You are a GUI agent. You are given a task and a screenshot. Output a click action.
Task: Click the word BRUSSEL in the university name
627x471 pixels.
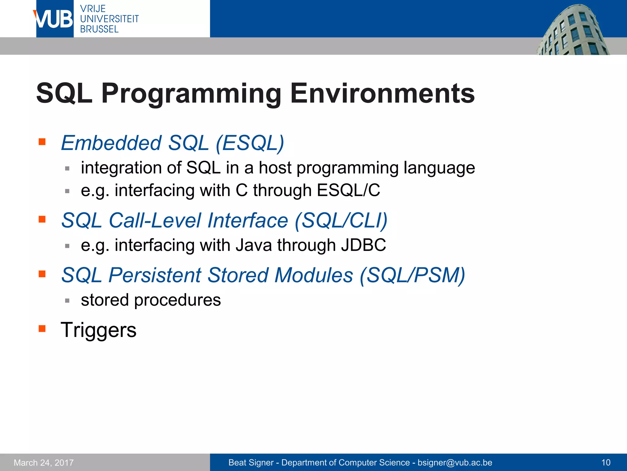99,29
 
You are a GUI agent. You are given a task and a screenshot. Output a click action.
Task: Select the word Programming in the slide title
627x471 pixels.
191,94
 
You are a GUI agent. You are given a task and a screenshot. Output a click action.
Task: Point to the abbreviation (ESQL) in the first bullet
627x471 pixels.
250,143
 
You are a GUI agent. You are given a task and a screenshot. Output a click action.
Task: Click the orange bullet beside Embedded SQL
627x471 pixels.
42,142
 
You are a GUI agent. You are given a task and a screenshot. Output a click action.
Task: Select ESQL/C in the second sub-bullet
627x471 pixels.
348,190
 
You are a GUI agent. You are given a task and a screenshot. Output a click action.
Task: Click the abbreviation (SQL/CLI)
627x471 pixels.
341,220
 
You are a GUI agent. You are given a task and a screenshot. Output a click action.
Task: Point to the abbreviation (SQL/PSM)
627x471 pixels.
412,275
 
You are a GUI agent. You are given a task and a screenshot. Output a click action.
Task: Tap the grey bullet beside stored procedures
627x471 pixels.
67,301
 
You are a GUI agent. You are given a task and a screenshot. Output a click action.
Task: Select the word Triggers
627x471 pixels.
99,330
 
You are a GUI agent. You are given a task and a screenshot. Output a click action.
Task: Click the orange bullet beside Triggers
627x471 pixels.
42,329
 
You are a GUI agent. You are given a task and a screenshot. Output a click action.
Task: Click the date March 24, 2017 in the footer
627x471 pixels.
44,462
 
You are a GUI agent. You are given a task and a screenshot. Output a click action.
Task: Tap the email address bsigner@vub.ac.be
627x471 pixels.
455,462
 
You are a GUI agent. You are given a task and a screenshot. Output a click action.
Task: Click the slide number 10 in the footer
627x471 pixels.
606,462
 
